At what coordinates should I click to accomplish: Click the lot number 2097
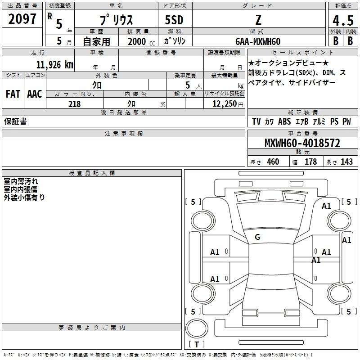coord(22,19)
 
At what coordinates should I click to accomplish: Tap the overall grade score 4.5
coord(343,20)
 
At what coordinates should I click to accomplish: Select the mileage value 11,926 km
coord(55,65)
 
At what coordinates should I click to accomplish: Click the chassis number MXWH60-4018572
coord(302,143)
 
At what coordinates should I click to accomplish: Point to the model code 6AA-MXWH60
coord(258,41)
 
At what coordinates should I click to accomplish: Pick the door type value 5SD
coord(174,20)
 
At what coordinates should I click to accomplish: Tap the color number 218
coord(74,104)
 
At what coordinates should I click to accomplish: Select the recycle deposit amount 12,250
coord(225,103)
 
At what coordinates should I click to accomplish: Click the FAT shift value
coord(13,94)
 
